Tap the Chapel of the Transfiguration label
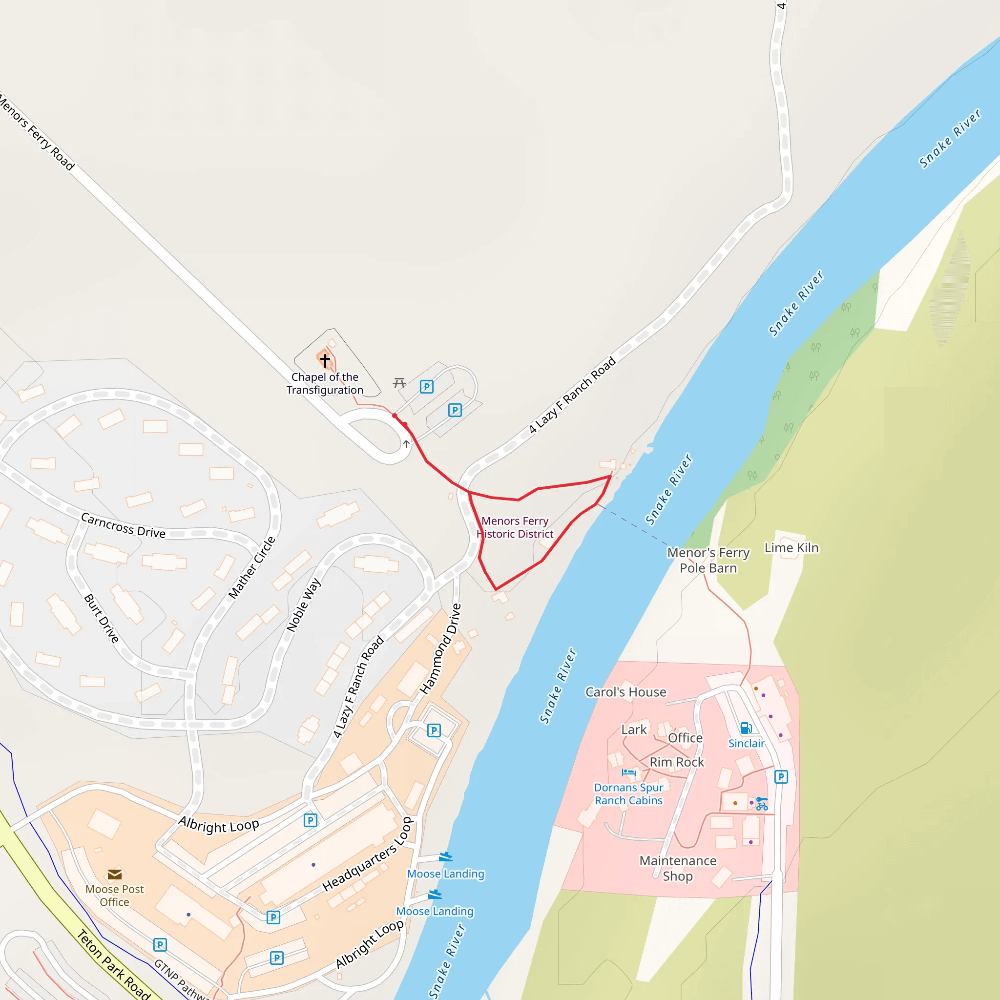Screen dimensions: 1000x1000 tap(325, 383)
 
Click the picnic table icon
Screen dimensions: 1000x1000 tap(399, 383)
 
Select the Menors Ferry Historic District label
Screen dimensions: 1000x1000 tap(515, 527)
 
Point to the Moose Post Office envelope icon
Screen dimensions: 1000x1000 tap(114, 875)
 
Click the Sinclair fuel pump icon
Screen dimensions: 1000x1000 tap(746, 728)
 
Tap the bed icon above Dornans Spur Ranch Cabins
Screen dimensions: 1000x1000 tap(628, 772)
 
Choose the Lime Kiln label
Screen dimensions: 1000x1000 tap(792, 548)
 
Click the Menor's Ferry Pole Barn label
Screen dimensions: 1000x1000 tap(708, 560)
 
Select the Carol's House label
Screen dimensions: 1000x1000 tap(626, 692)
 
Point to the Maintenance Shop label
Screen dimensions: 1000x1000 tap(678, 869)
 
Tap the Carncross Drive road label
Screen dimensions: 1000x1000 tap(123, 525)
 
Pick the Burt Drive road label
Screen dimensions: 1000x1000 tap(102, 618)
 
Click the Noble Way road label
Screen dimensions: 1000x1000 tap(304, 604)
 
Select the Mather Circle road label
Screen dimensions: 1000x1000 tap(252, 568)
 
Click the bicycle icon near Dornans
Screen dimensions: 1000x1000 tap(761, 804)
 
